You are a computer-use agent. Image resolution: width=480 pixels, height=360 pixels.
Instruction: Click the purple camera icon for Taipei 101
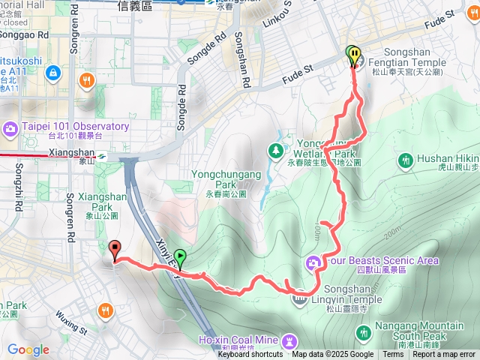[x=10, y=127]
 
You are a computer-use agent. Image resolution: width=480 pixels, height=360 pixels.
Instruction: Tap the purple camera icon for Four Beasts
[x=312, y=262]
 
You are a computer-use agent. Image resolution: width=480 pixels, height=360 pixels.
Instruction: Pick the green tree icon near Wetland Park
[x=276, y=151]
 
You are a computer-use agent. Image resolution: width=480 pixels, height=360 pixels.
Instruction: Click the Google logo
[x=28, y=349]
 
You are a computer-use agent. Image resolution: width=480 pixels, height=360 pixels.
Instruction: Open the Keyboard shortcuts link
[x=250, y=355]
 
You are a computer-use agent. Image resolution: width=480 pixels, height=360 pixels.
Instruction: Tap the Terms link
[x=393, y=355]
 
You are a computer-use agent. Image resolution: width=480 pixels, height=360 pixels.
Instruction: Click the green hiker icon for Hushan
[x=406, y=160]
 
